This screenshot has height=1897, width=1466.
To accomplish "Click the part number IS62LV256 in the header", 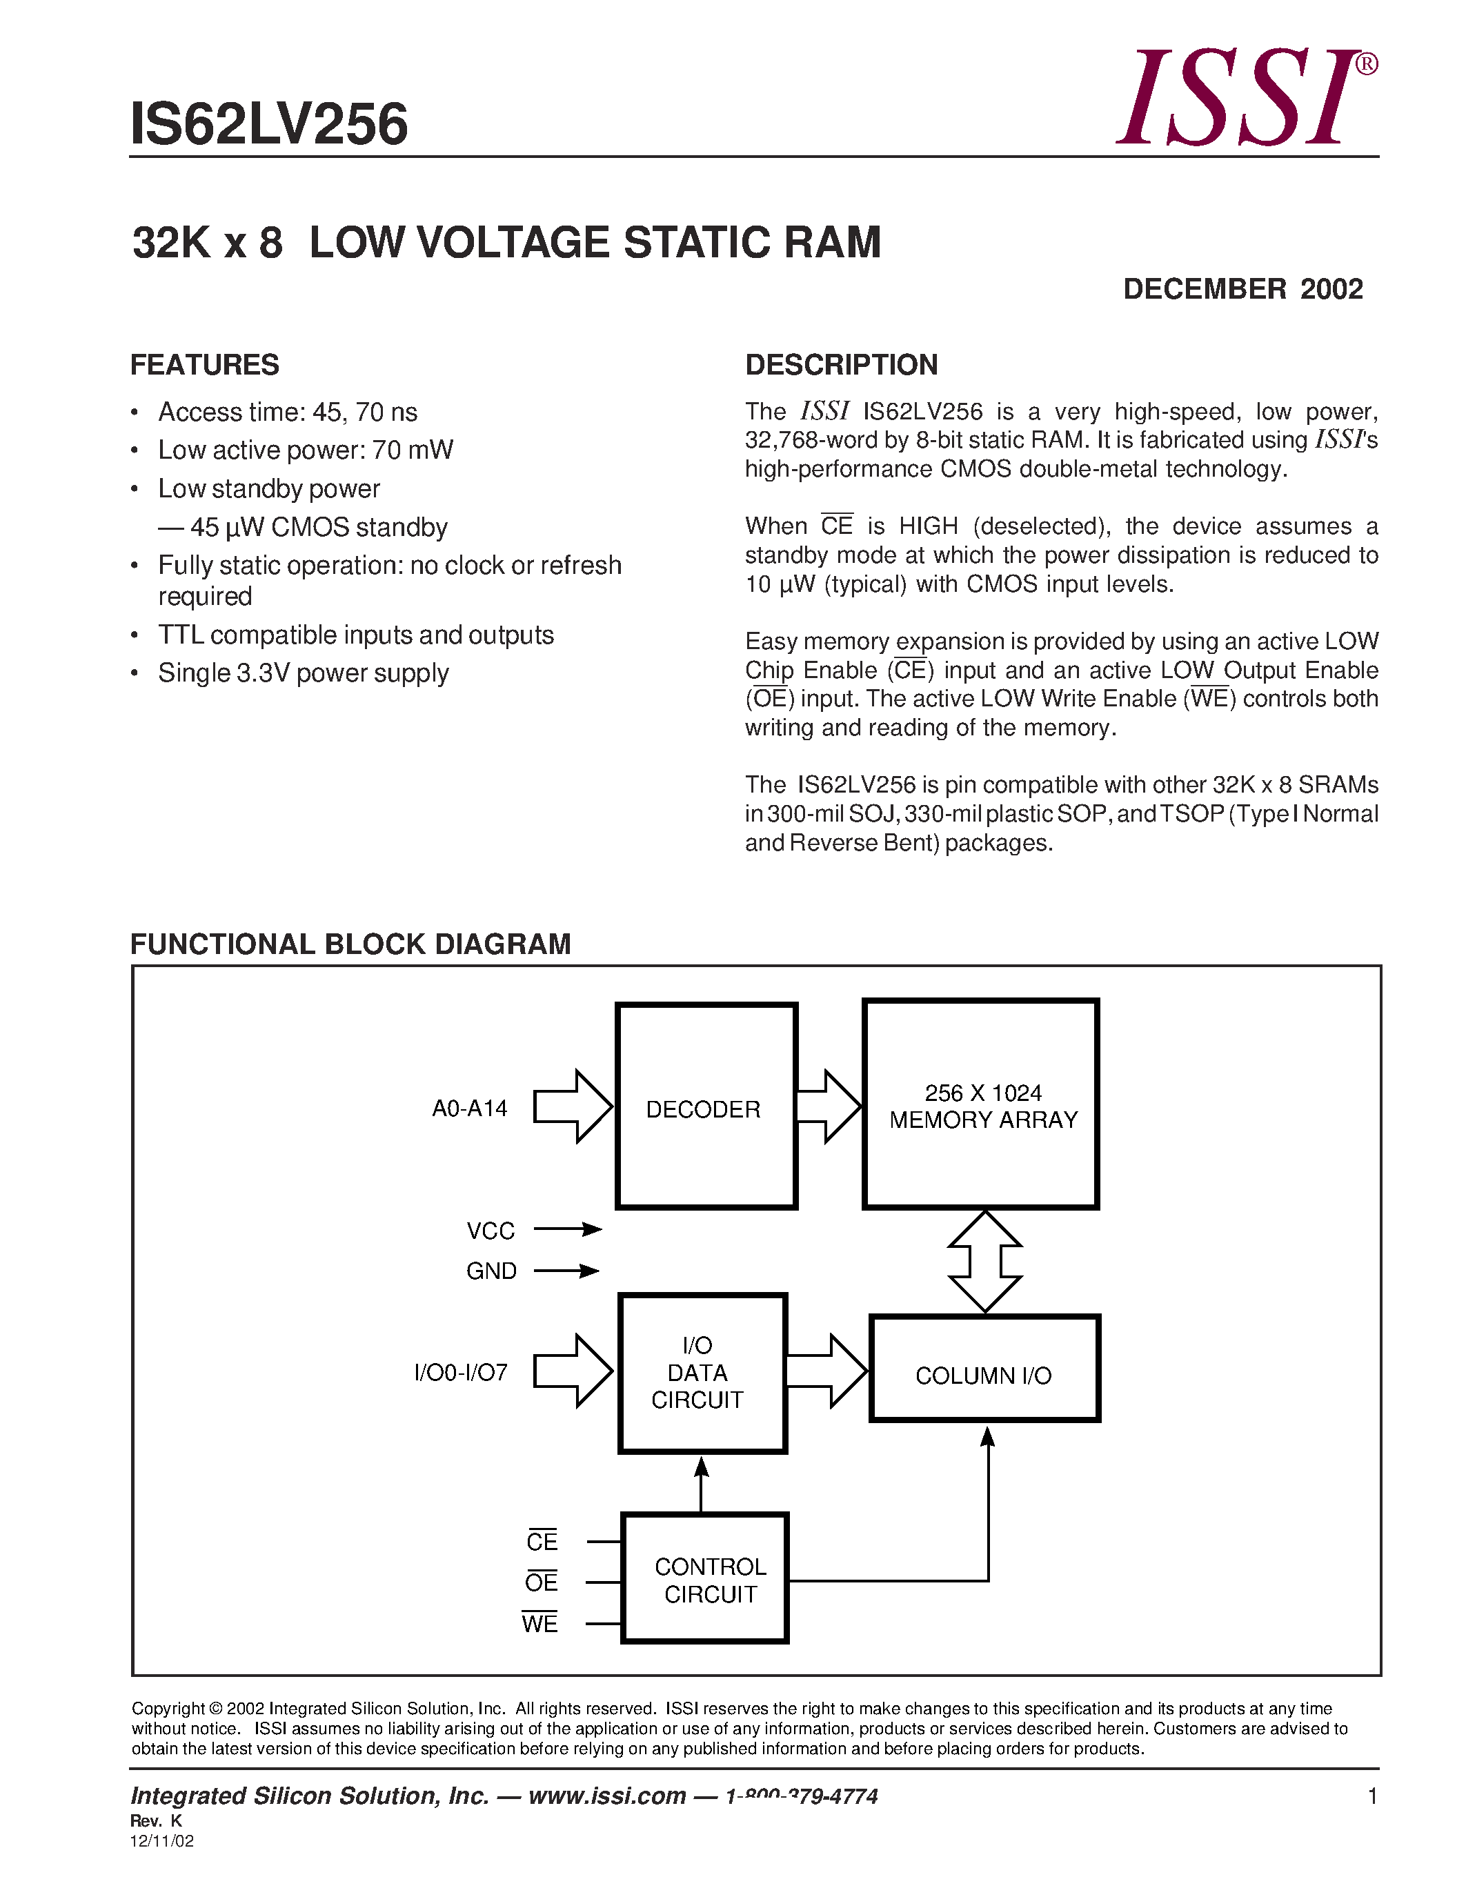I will tap(268, 124).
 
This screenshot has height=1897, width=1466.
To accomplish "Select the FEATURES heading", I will tap(205, 365).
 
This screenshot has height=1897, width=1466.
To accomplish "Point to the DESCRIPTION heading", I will tap(841, 365).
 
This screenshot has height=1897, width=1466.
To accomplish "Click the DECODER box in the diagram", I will tap(705, 1106).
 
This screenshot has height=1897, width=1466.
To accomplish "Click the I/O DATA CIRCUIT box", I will tap(702, 1372).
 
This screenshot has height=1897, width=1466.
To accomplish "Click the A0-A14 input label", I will tap(470, 1109).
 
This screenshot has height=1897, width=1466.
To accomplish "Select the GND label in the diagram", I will tap(492, 1271).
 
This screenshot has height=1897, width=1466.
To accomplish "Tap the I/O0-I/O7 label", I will tap(461, 1372).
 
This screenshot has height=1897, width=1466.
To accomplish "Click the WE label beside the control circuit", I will tap(540, 1622).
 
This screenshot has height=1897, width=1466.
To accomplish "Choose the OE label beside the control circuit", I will tap(541, 1582).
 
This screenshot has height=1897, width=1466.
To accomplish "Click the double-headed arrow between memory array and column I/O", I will tap(985, 1260).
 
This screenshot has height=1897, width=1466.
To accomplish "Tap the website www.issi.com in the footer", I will tap(607, 1796).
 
